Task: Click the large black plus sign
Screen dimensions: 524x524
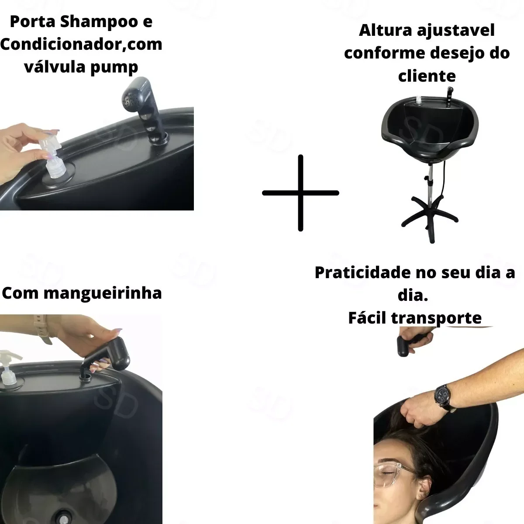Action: tap(300, 193)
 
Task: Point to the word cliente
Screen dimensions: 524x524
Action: tap(427, 76)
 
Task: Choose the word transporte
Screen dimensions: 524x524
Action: tap(436, 318)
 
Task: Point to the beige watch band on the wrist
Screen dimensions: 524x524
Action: tap(41, 330)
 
